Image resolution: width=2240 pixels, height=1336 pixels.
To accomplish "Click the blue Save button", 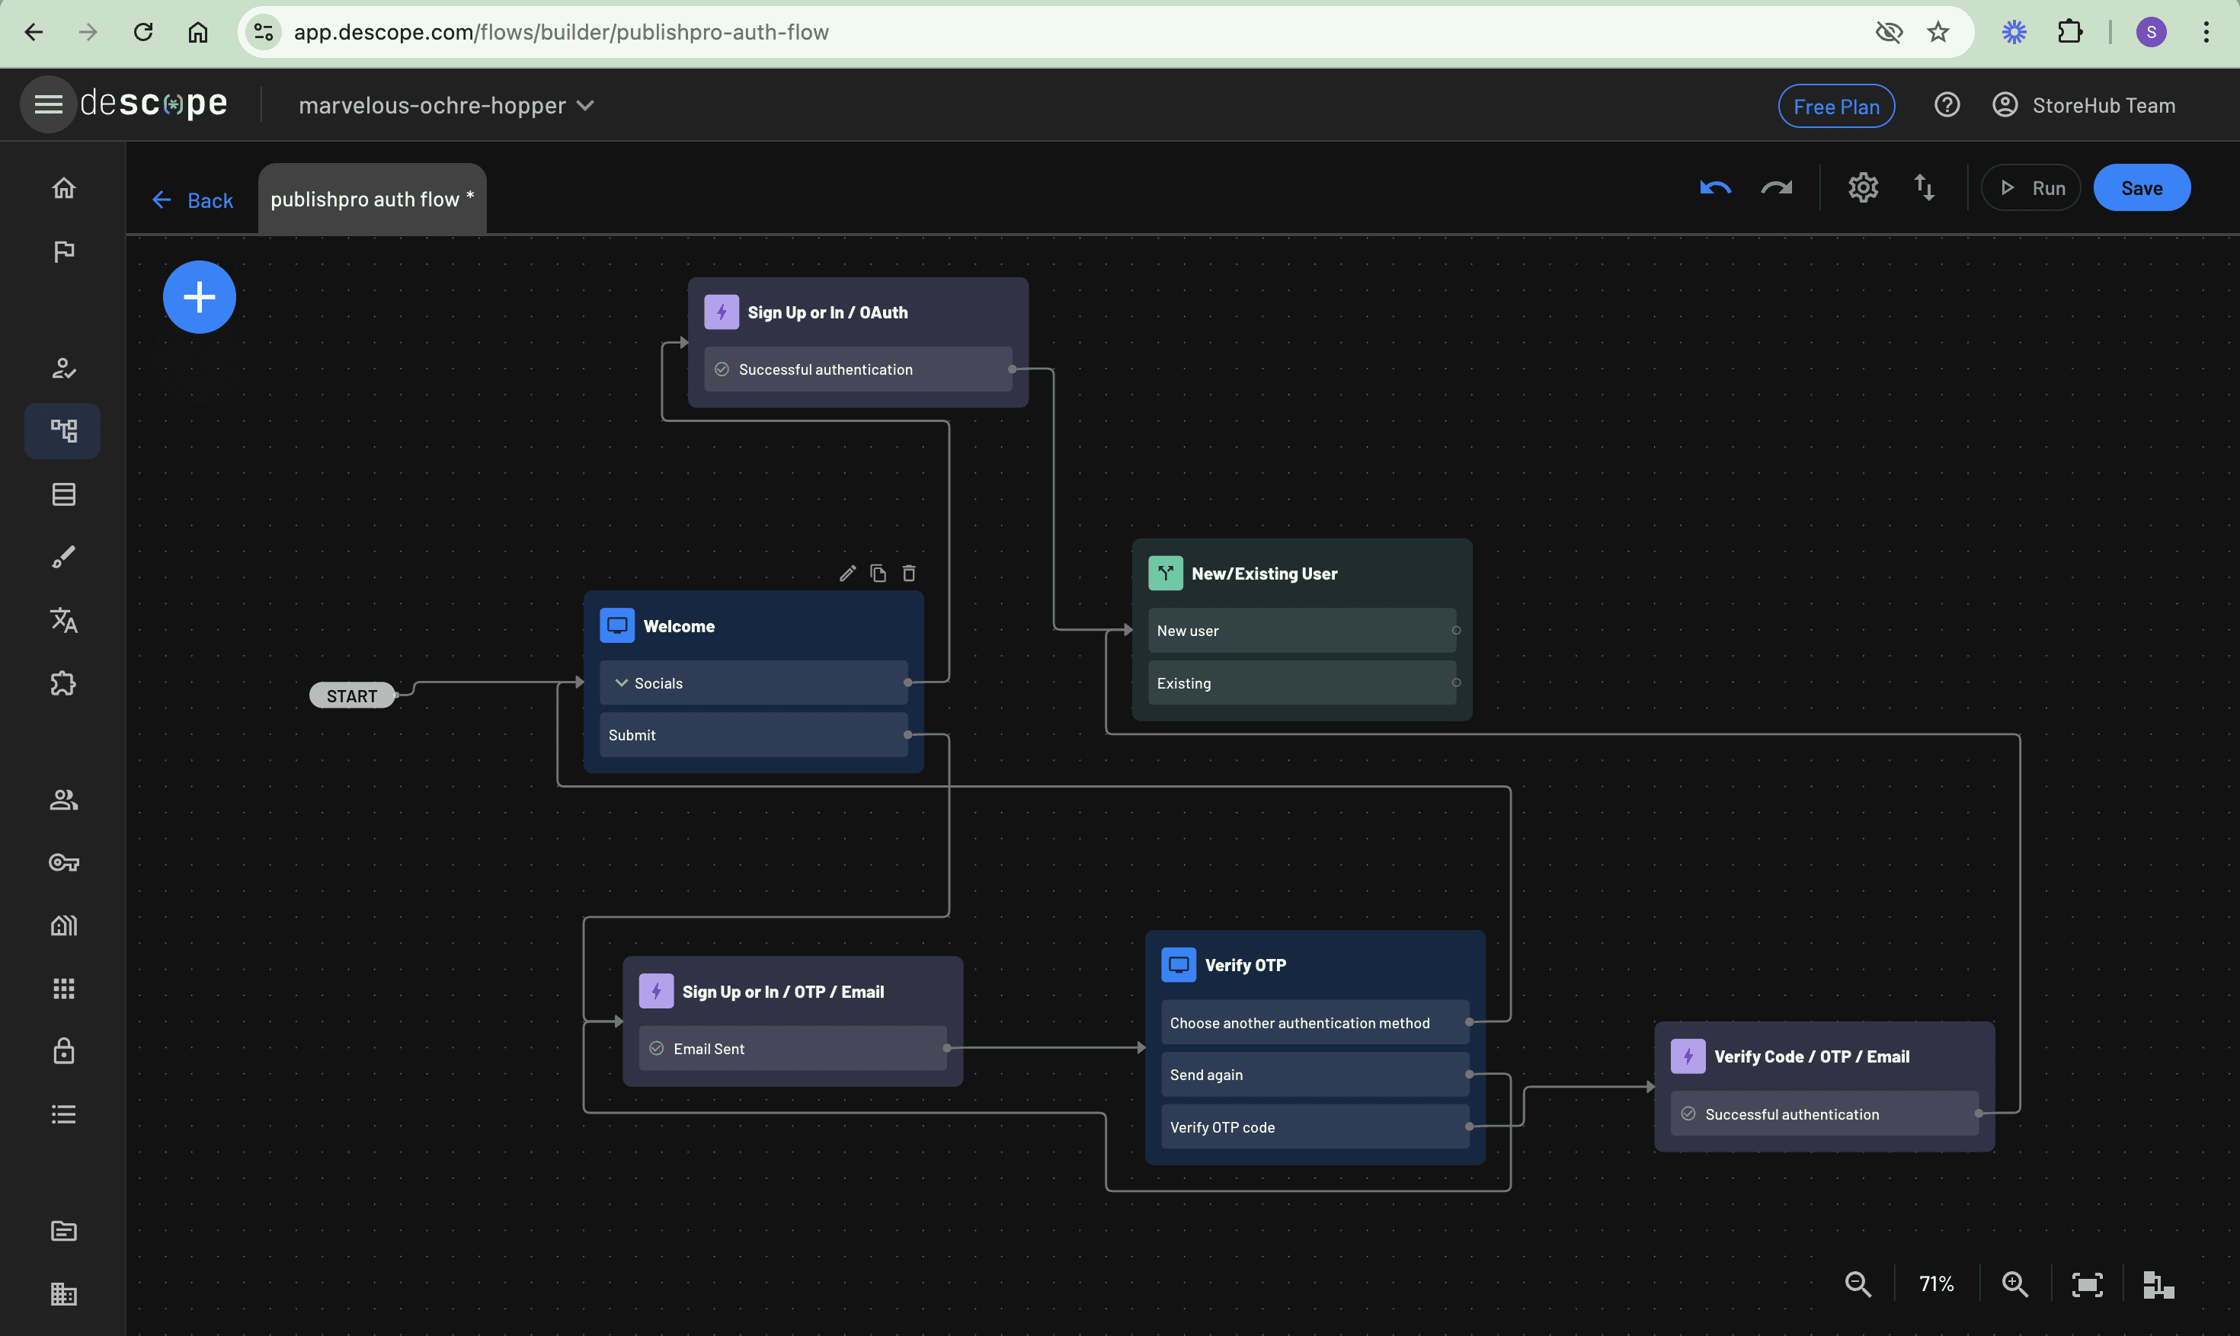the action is click(2141, 188).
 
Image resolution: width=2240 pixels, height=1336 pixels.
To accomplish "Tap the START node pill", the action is click(352, 696).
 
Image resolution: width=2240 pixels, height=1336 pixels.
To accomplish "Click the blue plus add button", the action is click(199, 297).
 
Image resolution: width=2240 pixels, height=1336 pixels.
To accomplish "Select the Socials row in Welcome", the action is click(754, 683).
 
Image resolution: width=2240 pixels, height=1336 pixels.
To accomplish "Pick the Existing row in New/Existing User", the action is click(1302, 683).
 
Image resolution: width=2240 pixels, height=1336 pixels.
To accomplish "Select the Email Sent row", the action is click(792, 1049).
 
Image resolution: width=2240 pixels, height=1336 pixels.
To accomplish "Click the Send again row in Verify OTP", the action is click(1314, 1075).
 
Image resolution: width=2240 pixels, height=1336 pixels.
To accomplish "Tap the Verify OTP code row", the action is click(1314, 1127).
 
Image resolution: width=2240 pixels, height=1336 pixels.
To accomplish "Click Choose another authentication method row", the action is click(1314, 1023).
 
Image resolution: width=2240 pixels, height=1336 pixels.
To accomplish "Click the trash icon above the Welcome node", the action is click(909, 574).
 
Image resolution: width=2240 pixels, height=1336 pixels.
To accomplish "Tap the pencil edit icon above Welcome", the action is click(847, 574).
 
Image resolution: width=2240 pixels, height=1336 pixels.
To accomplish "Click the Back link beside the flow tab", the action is click(193, 200).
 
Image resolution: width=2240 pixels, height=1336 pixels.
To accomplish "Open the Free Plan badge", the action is click(1835, 106).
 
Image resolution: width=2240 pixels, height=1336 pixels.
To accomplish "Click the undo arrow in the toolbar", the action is click(1715, 188).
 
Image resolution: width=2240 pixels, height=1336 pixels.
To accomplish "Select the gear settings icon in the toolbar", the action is click(1863, 188).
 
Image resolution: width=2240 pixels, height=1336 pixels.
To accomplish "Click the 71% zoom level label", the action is click(1936, 1283).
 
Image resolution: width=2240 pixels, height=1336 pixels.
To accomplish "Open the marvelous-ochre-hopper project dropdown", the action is click(446, 105).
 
